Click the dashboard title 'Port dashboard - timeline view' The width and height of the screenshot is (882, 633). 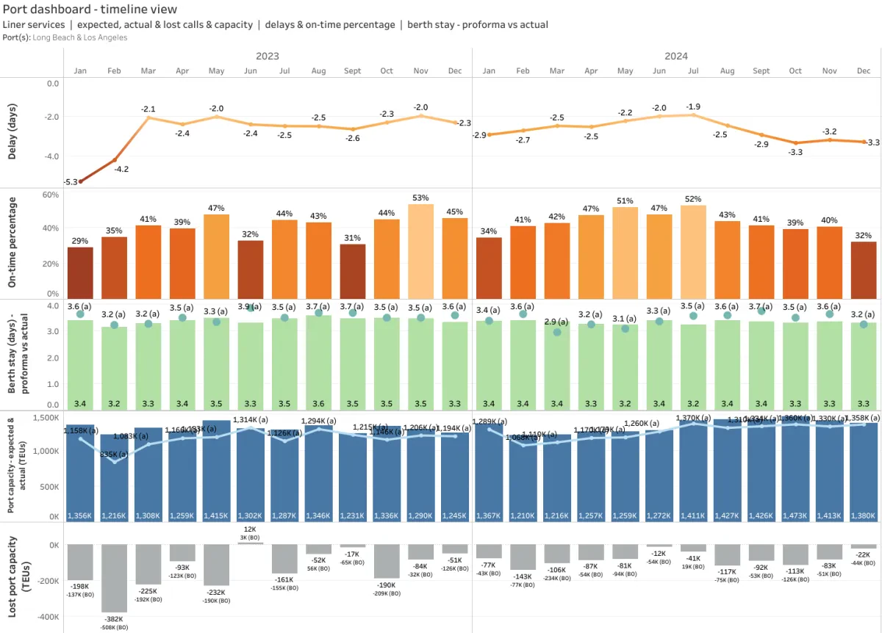pos(90,10)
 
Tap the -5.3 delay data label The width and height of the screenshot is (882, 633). pos(71,182)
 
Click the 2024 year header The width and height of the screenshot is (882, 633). pos(676,56)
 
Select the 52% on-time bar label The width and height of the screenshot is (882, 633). pos(693,199)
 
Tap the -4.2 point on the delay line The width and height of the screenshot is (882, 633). pos(115,159)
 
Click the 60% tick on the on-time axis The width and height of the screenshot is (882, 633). pos(50,195)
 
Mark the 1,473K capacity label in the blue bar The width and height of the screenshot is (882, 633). pos(795,516)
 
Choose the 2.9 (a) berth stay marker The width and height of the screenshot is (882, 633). pos(556,332)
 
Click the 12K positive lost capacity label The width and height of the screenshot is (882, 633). pos(250,529)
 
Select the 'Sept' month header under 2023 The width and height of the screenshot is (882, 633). pos(353,70)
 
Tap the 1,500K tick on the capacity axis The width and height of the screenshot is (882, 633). pos(45,417)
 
